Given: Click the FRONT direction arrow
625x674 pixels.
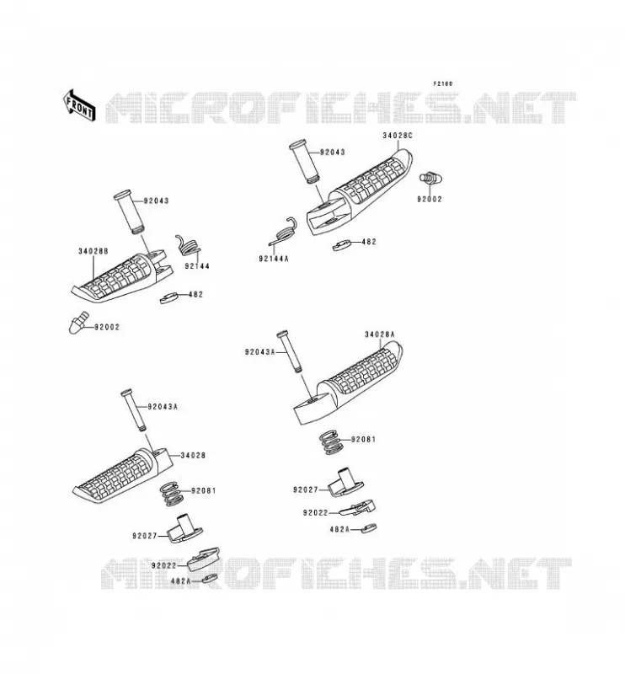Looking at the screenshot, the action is point(79,105).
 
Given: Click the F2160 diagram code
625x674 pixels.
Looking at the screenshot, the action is point(443,83).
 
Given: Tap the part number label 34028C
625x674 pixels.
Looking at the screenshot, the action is point(398,136).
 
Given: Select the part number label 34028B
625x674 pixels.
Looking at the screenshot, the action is point(93,251).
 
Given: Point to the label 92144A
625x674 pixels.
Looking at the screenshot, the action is point(274,259).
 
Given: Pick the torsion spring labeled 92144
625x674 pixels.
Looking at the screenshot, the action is point(189,245).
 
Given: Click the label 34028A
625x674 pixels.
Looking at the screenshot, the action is point(380,334).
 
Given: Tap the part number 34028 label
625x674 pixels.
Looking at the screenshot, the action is point(193,455).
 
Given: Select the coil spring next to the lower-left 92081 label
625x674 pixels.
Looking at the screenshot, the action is point(171,493).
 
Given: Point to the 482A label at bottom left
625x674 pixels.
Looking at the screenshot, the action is point(180,580).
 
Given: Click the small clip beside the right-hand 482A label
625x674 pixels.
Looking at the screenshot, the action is point(368,528).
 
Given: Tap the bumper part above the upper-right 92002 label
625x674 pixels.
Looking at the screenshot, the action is point(430,178).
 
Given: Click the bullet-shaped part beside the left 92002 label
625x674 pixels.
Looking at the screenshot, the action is point(78,323).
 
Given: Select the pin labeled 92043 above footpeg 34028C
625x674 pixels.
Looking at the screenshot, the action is point(304,162).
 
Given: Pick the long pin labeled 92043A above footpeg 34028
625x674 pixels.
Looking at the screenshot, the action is point(134,410).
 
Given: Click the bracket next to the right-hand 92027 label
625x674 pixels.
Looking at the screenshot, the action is point(345,483).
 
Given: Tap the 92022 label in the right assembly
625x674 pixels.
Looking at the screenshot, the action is point(315,513).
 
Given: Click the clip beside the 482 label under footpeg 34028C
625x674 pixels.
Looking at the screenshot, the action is point(341,245).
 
